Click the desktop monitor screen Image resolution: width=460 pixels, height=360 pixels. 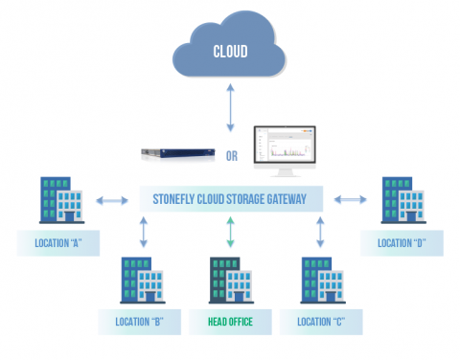point(285,146)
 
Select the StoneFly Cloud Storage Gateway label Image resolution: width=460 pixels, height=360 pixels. point(229,200)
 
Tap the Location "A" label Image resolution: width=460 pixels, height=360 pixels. point(57,243)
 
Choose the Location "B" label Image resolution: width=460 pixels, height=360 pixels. point(141,322)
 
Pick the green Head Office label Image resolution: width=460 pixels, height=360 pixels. point(229,322)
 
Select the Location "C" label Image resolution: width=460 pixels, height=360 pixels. point(319,322)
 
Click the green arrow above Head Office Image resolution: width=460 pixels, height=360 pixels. point(229,233)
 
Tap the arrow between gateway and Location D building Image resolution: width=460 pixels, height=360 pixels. point(349,200)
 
